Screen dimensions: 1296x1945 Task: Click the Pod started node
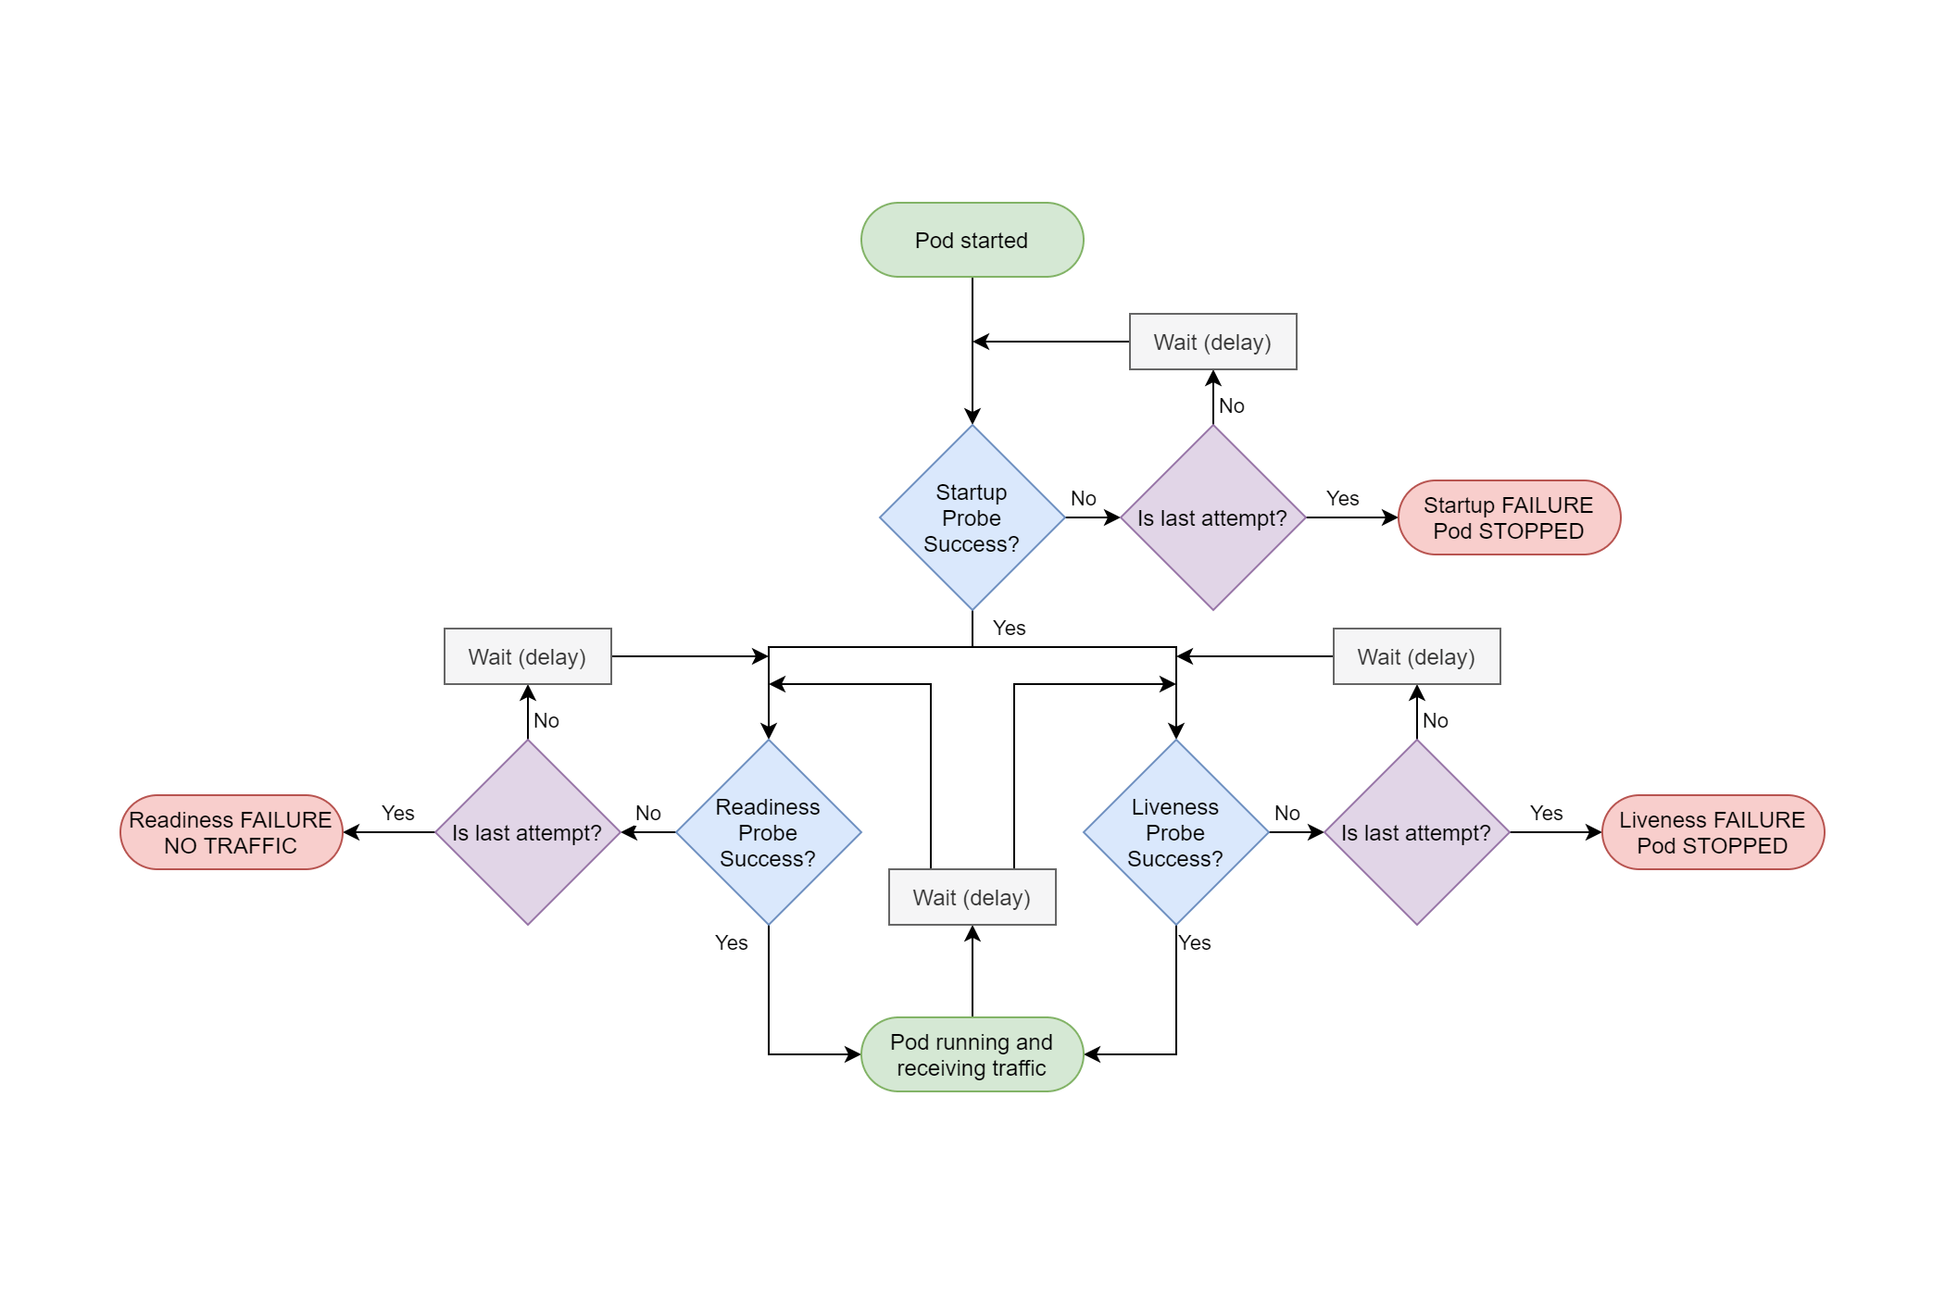[972, 240]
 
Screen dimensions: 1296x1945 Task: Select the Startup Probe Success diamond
[972, 517]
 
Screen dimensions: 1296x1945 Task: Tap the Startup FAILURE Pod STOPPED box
[1509, 517]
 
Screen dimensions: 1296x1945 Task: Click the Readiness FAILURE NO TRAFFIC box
[231, 832]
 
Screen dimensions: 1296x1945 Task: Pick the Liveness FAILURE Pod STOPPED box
[1713, 832]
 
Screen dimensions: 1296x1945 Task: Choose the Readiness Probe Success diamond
[768, 832]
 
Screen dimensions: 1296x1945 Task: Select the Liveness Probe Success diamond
[1175, 832]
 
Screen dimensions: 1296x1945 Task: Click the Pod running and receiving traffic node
[972, 1054]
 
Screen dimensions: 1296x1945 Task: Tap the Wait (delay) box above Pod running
[972, 897]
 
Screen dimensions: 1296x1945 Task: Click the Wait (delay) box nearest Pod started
[1212, 342]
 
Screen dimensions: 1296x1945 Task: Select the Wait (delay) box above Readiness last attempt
[527, 656]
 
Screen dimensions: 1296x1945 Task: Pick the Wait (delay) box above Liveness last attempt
[1416, 656]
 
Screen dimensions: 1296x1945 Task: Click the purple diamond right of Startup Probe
[1212, 517]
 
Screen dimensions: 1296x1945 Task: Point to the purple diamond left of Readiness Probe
[527, 832]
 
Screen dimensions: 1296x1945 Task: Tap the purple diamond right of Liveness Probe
[1416, 832]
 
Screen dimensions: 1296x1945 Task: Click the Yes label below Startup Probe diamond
[1009, 628]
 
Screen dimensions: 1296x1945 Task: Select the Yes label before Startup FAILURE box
[1342, 498]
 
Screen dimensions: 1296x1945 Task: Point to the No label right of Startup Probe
[1083, 498]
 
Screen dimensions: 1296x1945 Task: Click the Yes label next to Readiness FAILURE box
[397, 813]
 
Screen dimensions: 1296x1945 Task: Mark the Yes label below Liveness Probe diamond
[1194, 942]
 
